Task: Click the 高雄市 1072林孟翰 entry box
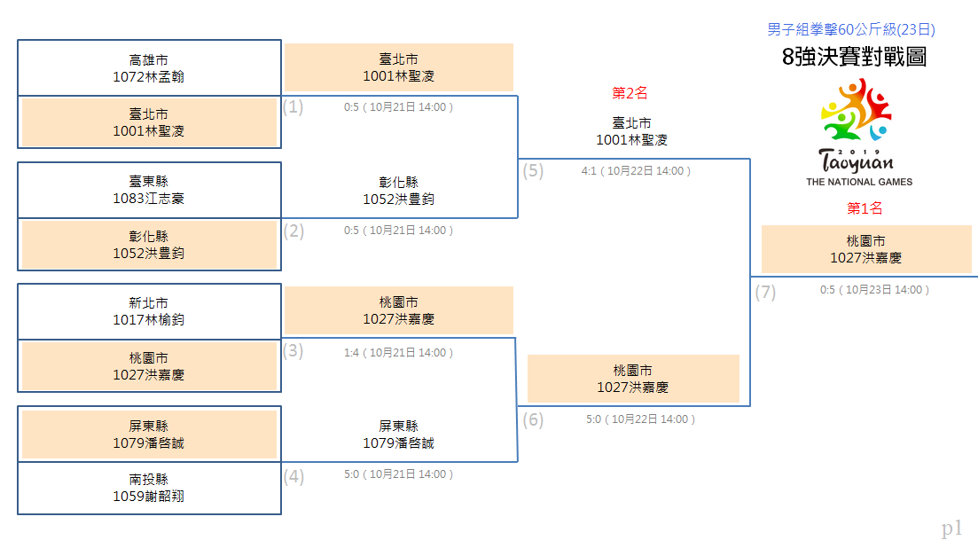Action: click(149, 68)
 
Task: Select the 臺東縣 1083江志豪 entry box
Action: click(149, 190)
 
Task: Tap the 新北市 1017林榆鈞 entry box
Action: click(149, 312)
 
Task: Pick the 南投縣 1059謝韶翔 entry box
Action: click(149, 489)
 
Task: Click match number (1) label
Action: click(293, 106)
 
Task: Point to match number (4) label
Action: click(293, 477)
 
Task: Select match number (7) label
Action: click(765, 292)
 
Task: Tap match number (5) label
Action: click(533, 171)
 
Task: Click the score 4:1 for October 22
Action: click(589, 171)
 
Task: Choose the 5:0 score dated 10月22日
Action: click(593, 419)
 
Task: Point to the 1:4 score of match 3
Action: click(351, 353)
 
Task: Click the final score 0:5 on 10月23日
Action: click(827, 290)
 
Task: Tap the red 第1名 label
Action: click(865, 208)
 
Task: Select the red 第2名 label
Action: click(630, 93)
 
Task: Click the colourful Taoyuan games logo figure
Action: click(856, 110)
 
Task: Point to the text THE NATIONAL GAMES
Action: click(859, 182)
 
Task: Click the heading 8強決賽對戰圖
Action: click(854, 57)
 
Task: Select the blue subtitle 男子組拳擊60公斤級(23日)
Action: click(850, 29)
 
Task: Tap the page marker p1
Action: click(951, 528)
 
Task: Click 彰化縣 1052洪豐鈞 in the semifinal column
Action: click(399, 191)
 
